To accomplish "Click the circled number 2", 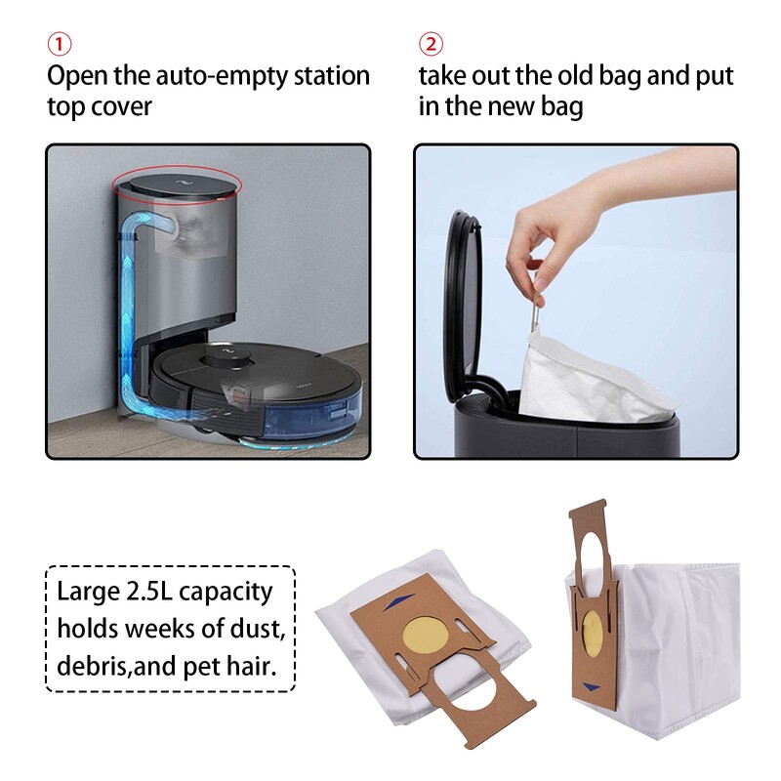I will click(x=431, y=45).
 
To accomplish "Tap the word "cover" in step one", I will click(x=124, y=106).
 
